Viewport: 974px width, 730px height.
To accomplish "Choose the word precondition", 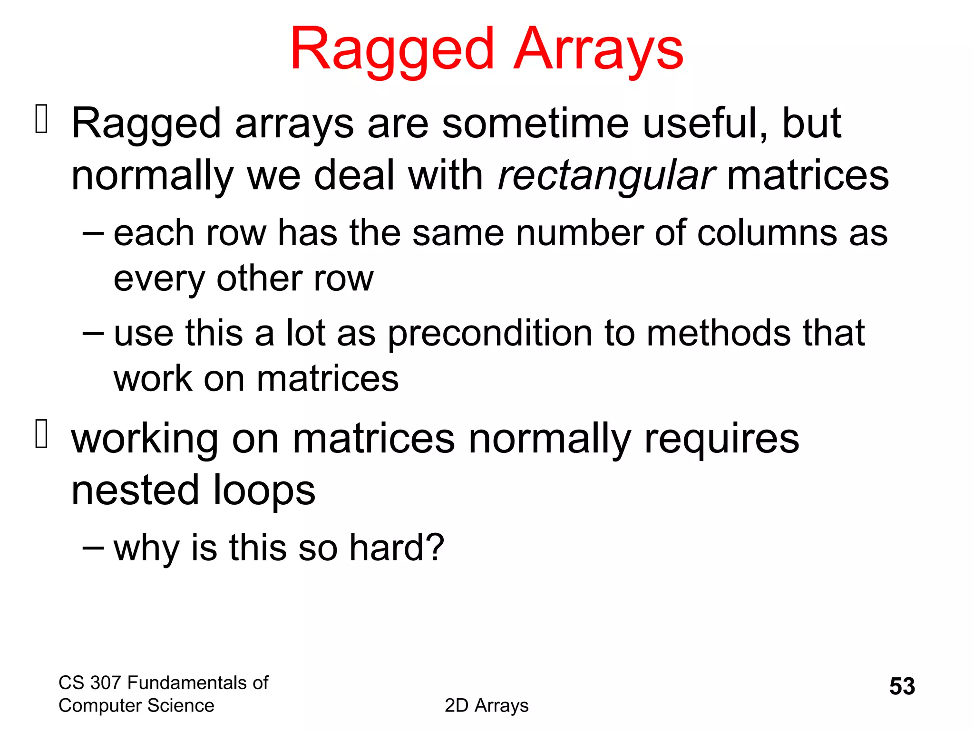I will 489,334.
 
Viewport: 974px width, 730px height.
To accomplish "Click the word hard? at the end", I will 397,547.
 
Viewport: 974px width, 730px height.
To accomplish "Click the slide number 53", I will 902,686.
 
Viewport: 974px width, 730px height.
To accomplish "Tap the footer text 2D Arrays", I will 487,706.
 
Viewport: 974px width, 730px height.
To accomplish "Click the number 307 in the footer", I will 106,683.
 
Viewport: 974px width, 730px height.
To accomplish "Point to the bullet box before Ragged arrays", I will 41,119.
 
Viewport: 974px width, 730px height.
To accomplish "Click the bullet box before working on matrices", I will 41,433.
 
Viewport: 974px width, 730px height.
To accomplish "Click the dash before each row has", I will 93,233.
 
